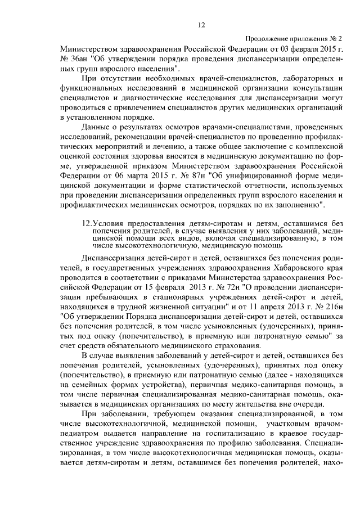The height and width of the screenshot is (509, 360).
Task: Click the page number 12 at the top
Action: click(202, 24)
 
